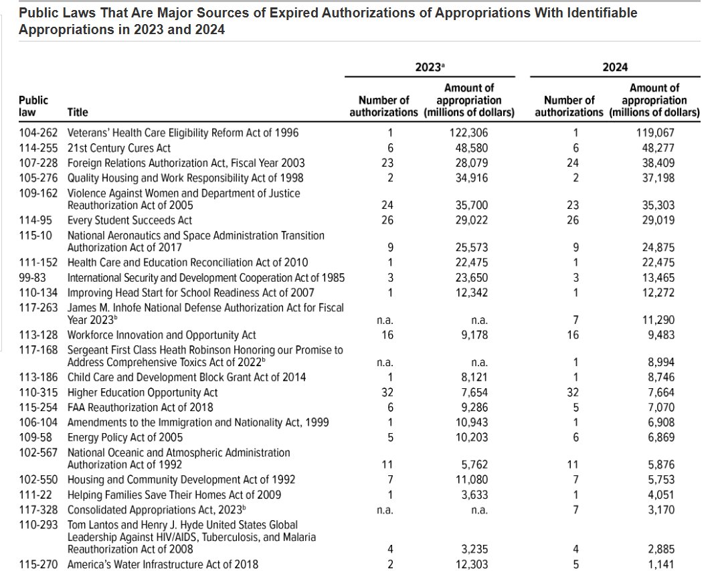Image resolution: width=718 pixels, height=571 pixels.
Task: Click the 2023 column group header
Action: point(430,67)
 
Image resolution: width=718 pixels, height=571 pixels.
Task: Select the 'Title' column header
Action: point(78,112)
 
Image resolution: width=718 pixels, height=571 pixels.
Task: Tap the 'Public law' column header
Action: point(33,106)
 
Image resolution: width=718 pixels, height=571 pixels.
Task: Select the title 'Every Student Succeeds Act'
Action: point(130,220)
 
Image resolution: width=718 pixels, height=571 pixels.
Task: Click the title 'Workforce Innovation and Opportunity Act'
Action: point(162,335)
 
